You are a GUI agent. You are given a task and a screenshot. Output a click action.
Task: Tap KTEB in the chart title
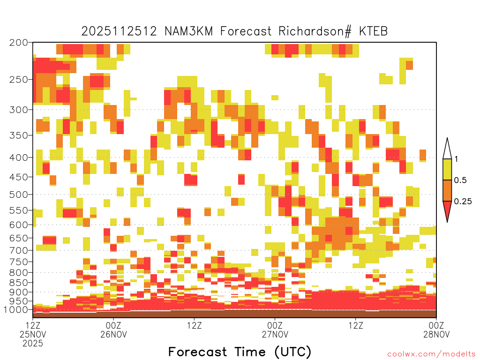pos(373,31)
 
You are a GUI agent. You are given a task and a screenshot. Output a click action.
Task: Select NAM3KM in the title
pos(188,31)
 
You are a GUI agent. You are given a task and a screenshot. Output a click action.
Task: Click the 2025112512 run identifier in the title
pos(119,31)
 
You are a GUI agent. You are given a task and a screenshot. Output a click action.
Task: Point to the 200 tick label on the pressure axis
pos(19,43)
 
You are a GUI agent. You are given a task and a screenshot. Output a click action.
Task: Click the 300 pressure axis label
pos(19,110)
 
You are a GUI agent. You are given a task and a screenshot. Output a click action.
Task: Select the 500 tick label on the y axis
pos(19,195)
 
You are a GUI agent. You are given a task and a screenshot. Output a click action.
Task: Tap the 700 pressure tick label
pos(19,250)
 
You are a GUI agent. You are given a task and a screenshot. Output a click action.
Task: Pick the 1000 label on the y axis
pos(16,310)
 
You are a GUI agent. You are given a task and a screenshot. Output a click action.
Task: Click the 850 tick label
pos(19,283)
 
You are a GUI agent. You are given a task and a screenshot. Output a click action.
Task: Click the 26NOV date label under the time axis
pos(113,334)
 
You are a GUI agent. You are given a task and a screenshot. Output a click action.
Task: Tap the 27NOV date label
pos(275,334)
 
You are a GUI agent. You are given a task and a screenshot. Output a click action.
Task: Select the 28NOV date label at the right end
pos(436,334)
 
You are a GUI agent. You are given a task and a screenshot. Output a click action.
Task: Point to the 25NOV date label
pos(33,334)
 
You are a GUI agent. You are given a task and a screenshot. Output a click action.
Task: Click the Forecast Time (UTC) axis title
pos(240,352)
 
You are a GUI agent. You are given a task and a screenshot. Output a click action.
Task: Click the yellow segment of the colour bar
pos(447,169)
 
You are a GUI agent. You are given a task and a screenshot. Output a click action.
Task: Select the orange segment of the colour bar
pos(447,190)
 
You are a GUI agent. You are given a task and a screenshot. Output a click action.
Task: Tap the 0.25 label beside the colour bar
pos(463,202)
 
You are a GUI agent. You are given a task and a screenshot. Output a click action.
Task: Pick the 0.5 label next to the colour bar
pos(460,180)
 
